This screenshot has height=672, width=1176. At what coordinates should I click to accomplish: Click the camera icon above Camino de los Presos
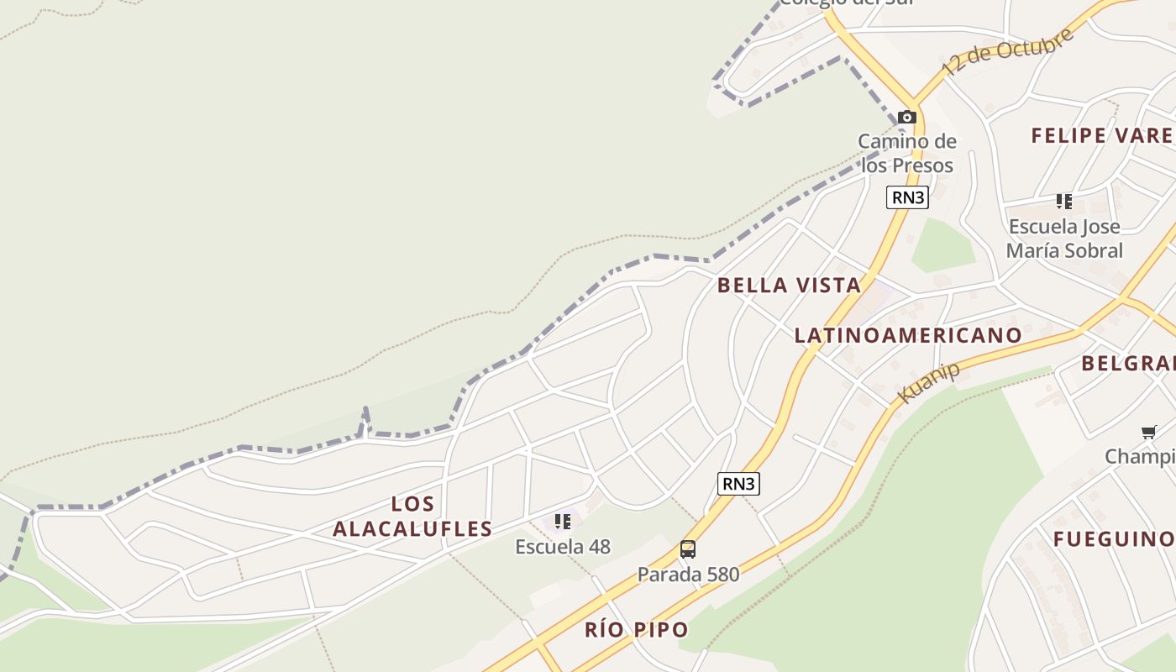pyautogui.click(x=906, y=117)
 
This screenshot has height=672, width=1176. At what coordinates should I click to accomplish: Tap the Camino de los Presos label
pyautogui.click(x=906, y=153)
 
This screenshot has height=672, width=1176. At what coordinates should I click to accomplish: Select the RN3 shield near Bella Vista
pyautogui.click(x=907, y=197)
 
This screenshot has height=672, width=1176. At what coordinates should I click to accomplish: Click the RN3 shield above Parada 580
pyautogui.click(x=738, y=483)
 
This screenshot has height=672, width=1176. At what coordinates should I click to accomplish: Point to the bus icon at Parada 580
pyautogui.click(x=688, y=549)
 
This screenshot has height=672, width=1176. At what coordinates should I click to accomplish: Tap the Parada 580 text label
pyautogui.click(x=688, y=575)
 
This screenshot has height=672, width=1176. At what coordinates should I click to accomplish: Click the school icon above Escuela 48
pyautogui.click(x=563, y=522)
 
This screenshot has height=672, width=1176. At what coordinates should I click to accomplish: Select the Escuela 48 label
pyautogui.click(x=563, y=547)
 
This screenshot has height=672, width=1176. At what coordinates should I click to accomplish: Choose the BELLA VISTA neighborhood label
pyautogui.click(x=789, y=286)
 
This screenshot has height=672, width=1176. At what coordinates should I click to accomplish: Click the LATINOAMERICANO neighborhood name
pyautogui.click(x=908, y=335)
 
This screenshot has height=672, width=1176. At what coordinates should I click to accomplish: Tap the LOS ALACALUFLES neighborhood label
pyautogui.click(x=412, y=517)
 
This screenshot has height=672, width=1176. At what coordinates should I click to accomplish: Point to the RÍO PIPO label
pyautogui.click(x=637, y=630)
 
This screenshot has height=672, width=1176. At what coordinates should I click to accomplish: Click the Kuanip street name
pyautogui.click(x=927, y=383)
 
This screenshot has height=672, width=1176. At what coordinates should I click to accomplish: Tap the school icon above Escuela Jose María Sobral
pyautogui.click(x=1064, y=202)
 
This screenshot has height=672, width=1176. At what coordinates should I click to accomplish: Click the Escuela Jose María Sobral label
pyautogui.click(x=1064, y=239)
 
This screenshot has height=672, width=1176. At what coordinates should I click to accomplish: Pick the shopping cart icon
pyautogui.click(x=1148, y=432)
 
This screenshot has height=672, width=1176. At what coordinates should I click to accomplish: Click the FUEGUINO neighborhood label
pyautogui.click(x=1113, y=539)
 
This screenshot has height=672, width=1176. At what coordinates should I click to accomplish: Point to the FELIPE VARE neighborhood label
pyautogui.click(x=1102, y=135)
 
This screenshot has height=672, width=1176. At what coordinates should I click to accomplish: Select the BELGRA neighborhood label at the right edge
pyautogui.click(x=1127, y=363)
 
